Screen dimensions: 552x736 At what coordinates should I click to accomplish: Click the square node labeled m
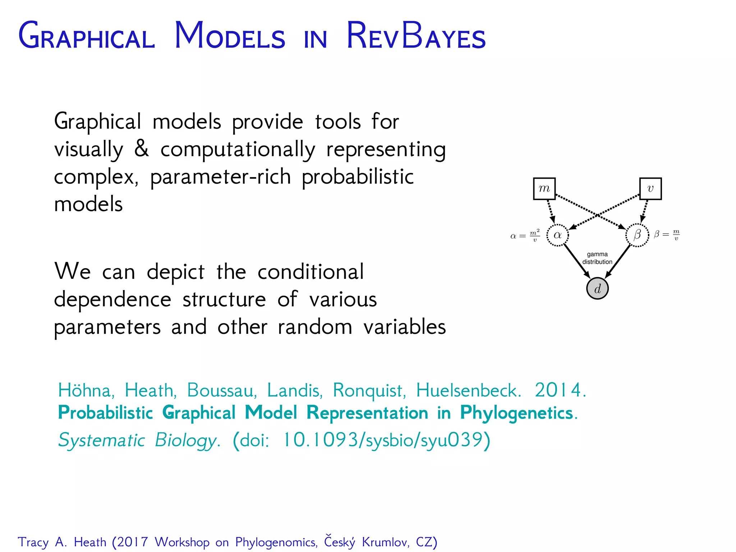pyautogui.click(x=544, y=189)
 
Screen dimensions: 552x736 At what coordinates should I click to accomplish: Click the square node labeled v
pyautogui.click(x=650, y=189)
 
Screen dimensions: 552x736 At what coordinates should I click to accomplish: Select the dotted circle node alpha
pyautogui.click(x=557, y=235)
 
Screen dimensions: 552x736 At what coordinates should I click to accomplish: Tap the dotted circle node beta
pyautogui.click(x=637, y=235)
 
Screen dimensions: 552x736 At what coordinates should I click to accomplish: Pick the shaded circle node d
pyautogui.click(x=597, y=289)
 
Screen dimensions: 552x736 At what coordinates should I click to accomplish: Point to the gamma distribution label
pyautogui.click(x=597, y=258)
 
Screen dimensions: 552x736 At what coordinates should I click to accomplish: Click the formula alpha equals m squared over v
pyautogui.click(x=525, y=236)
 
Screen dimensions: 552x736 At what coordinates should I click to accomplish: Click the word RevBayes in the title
pyautogui.click(x=416, y=36)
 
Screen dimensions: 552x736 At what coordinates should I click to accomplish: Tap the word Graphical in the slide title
pyautogui.click(x=87, y=36)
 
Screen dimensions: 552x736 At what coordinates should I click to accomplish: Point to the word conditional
pyautogui.click(x=310, y=272)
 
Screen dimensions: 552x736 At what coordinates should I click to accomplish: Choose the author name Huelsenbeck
pyautogui.click(x=468, y=390)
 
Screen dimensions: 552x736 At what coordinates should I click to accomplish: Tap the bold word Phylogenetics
pyautogui.click(x=516, y=413)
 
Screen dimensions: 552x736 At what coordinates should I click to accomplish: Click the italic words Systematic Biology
pyautogui.click(x=138, y=440)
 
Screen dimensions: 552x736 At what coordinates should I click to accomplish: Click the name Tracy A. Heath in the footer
pyautogui.click(x=62, y=542)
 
